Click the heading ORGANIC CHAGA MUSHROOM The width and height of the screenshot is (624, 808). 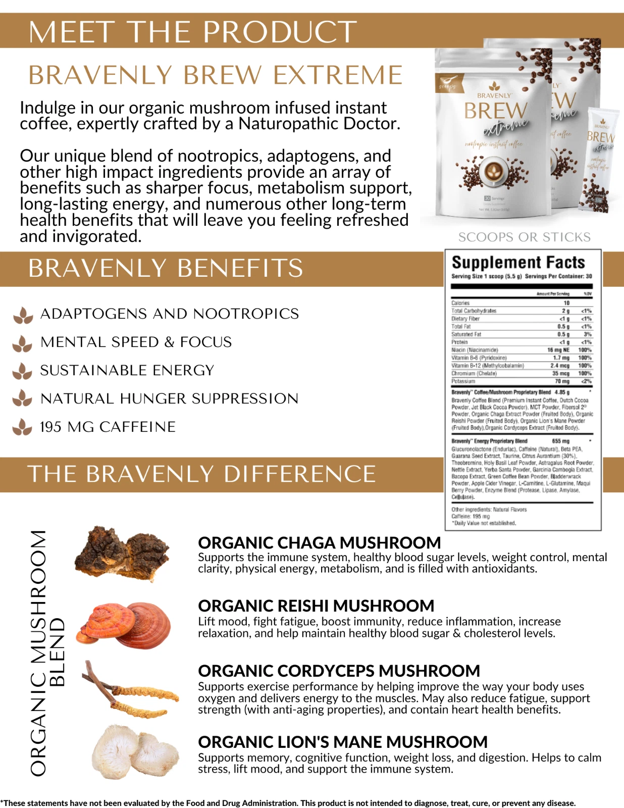tap(319, 543)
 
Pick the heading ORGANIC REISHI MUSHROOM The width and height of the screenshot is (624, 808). tap(316, 605)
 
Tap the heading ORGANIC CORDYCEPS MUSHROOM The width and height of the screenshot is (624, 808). tap(339, 671)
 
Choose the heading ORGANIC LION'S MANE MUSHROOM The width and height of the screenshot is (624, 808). tap(343, 742)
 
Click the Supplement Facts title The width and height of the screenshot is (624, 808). tap(518, 262)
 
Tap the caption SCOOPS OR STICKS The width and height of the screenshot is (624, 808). tap(524, 237)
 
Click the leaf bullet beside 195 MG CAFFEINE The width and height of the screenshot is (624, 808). tap(22, 427)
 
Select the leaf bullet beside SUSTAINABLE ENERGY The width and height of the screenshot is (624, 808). tap(22, 371)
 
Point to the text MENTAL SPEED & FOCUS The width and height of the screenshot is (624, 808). tap(136, 342)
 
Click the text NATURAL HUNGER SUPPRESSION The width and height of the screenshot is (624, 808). tap(169, 398)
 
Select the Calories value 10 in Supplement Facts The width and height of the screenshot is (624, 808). tap(566, 303)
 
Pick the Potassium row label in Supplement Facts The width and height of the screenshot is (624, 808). tap(463, 381)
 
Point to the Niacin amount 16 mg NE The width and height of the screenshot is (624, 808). tap(558, 350)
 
